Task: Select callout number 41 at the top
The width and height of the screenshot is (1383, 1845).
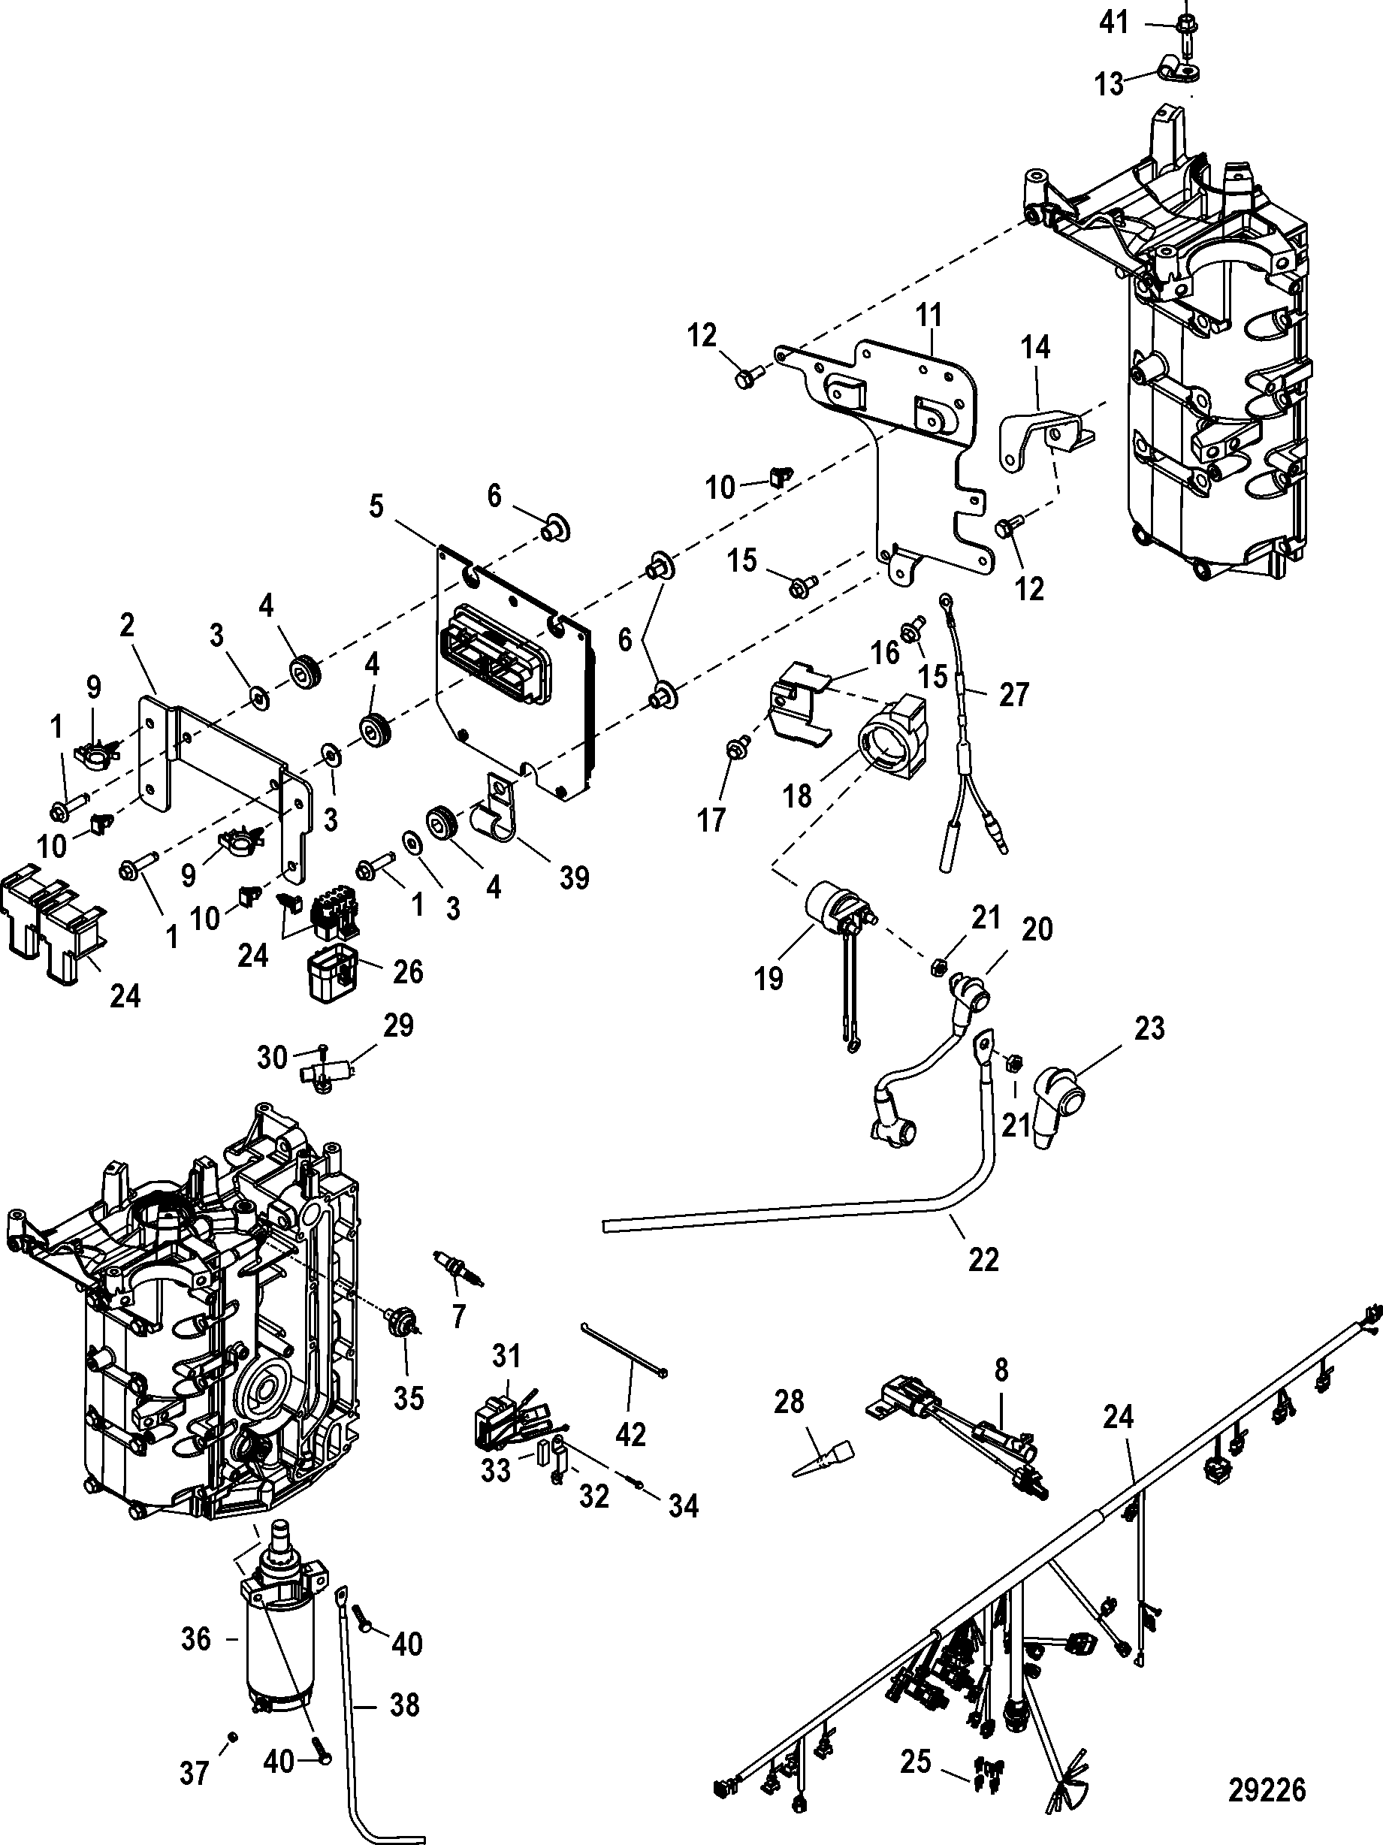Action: [1113, 23]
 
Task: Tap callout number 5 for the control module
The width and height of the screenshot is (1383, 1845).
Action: [377, 505]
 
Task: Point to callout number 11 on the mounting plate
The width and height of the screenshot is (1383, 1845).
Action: [929, 316]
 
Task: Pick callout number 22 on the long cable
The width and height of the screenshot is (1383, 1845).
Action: [983, 1258]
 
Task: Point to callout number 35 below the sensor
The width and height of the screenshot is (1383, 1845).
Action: [409, 1398]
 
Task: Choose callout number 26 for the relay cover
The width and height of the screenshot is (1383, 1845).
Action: [408, 972]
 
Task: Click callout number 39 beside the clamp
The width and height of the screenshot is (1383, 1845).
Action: [574, 877]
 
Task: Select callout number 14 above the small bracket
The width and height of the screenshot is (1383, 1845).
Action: [1036, 347]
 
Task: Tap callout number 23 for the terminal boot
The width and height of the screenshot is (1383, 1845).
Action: [1149, 1028]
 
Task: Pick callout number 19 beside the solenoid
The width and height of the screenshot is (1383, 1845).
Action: [769, 977]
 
